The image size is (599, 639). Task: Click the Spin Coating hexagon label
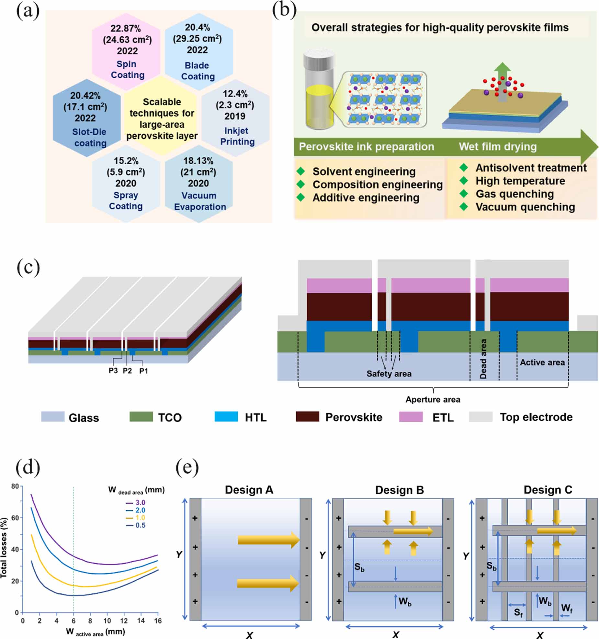pos(127,69)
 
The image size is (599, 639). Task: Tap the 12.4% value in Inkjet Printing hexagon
pos(235,94)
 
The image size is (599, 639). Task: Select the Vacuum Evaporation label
pos(199,201)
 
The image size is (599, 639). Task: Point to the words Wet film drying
pos(497,147)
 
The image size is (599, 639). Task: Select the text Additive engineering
pos(366,198)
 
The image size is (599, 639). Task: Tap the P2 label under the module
pos(127,371)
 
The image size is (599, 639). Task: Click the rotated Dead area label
pos(483,359)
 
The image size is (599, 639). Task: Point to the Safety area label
pos(389,374)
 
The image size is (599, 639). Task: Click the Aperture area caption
pos(433,399)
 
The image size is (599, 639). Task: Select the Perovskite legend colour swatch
pos(307,416)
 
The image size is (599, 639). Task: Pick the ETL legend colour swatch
pos(411,416)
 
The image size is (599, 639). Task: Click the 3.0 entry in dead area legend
pos(140,502)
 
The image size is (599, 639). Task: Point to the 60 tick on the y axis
pos(15,518)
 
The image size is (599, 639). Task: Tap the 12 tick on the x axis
pos(124,621)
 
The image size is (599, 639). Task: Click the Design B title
pos(399,490)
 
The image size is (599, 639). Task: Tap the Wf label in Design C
pos(567,608)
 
